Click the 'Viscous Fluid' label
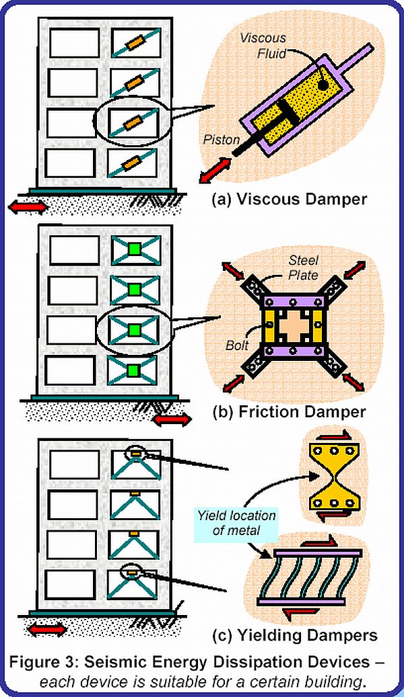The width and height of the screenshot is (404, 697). [x=263, y=46]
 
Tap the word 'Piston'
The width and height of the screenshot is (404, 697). [x=222, y=140]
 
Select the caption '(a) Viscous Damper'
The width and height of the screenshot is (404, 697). [x=290, y=199]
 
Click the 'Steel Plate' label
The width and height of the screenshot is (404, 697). [x=303, y=268]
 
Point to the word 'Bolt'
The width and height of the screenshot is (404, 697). [x=236, y=345]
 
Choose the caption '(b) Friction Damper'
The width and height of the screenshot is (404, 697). [x=289, y=411]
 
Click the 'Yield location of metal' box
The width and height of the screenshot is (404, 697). [x=236, y=523]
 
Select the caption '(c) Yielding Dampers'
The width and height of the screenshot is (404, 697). [x=294, y=635]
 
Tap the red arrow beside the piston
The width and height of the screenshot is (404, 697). [x=215, y=170]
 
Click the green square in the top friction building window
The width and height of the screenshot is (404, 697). [x=135, y=250]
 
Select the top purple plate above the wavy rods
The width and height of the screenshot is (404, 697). [x=318, y=552]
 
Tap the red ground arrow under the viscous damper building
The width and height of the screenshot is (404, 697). [x=28, y=207]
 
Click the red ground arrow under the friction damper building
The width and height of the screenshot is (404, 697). [x=172, y=419]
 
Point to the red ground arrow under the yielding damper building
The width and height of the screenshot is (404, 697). [x=46, y=629]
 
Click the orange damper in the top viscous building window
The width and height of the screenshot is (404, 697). [x=135, y=42]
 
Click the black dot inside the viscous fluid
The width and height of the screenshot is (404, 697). [x=324, y=85]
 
